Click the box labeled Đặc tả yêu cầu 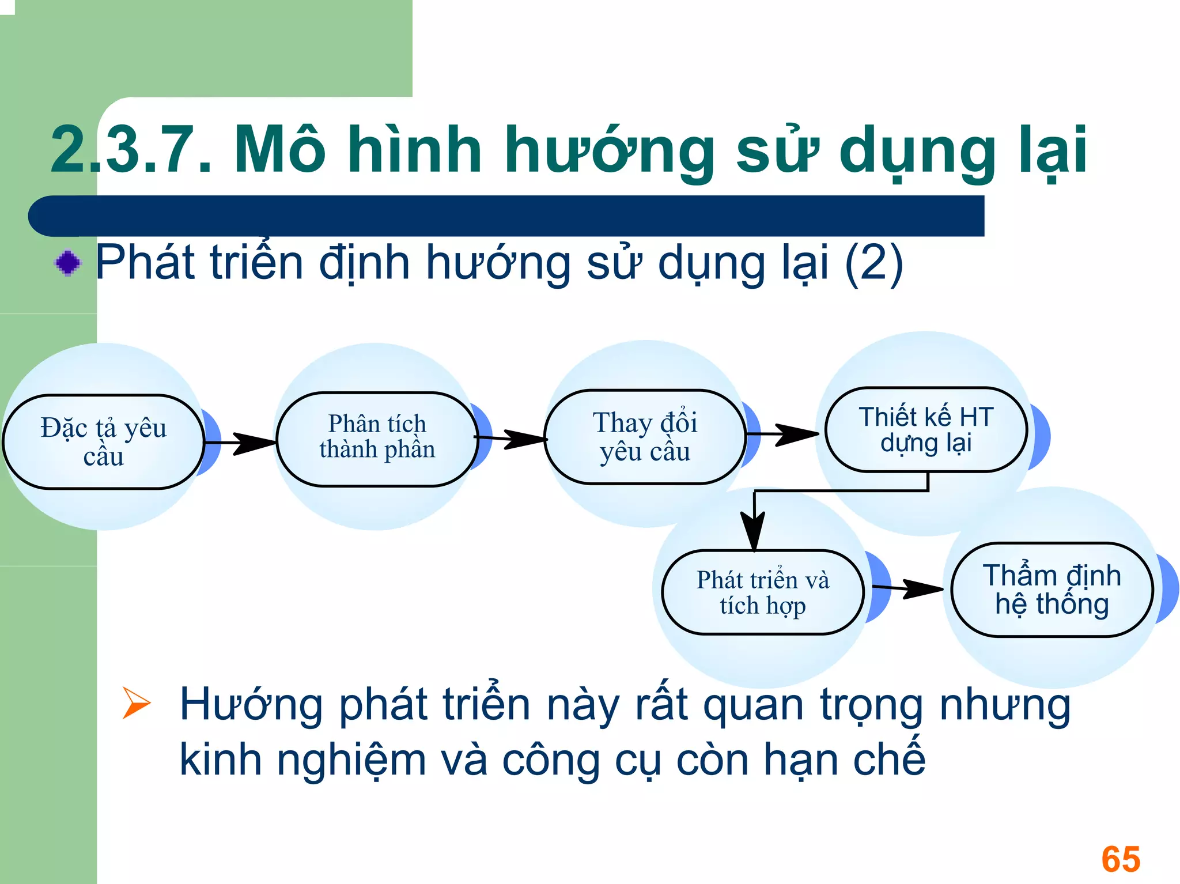(104, 442)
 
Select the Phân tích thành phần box (377, 439)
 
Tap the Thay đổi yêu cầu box (645, 437)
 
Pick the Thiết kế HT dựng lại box (926, 430)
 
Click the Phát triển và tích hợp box (762, 592)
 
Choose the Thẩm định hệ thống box (1052, 590)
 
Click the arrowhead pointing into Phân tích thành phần (255, 443)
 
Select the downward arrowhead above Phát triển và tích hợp (754, 531)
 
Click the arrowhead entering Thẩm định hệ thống (923, 589)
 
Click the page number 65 (1120, 859)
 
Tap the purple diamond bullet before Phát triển (68, 263)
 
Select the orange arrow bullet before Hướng (136, 703)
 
